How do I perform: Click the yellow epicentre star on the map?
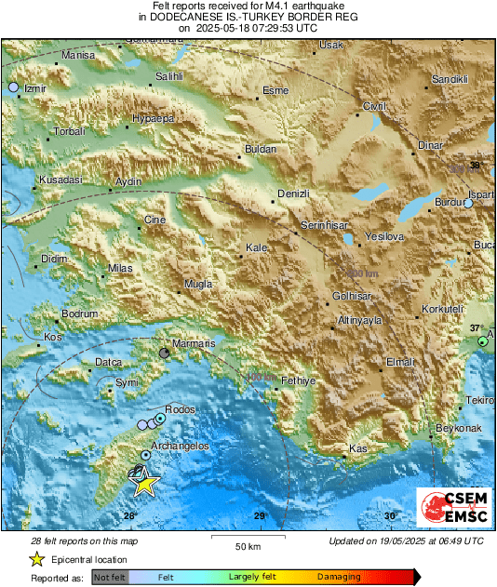click(x=144, y=482)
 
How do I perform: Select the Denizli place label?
click(x=293, y=193)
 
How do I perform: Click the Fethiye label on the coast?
click(x=299, y=380)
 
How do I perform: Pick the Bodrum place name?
click(x=79, y=314)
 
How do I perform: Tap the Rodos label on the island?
click(x=180, y=409)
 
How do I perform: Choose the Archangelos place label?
click(x=181, y=447)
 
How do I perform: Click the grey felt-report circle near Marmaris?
click(x=165, y=354)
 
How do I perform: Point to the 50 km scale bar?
click(x=247, y=537)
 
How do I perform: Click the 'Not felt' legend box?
click(x=110, y=577)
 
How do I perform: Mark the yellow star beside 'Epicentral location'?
click(x=36, y=559)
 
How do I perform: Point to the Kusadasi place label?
click(x=60, y=180)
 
